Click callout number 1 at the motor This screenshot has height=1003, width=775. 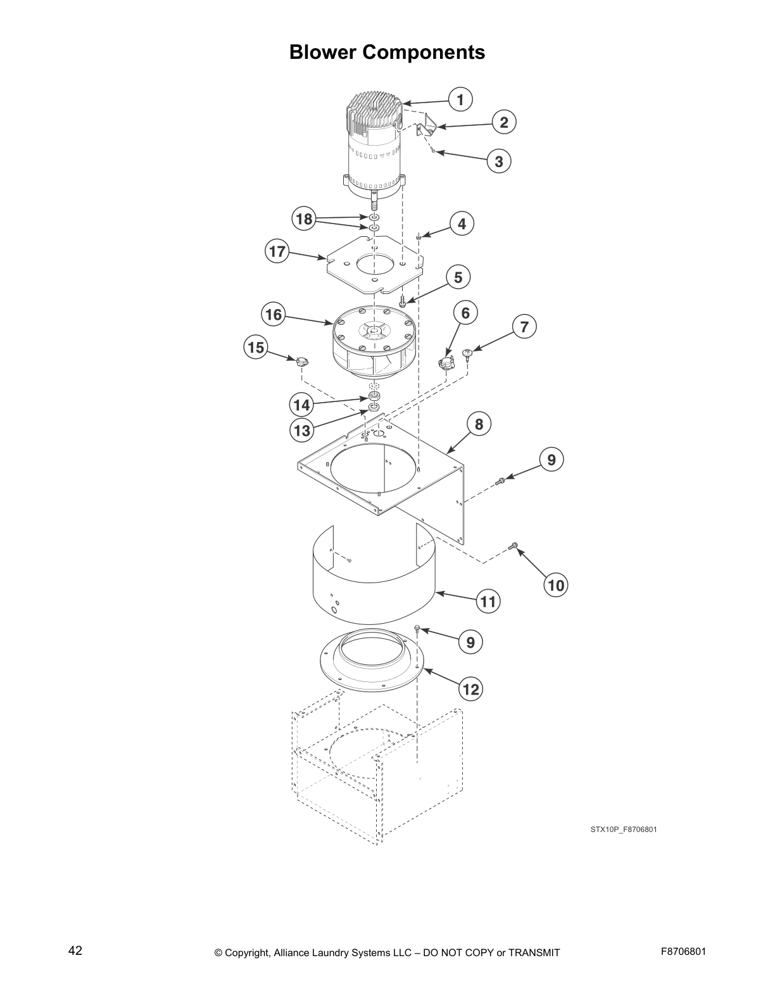pyautogui.click(x=460, y=99)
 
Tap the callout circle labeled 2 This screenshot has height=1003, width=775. pyautogui.click(x=503, y=122)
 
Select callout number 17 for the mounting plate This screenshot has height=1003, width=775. pyautogui.click(x=277, y=251)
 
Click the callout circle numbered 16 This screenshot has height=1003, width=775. pyautogui.click(x=274, y=315)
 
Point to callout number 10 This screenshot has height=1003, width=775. pyautogui.click(x=555, y=585)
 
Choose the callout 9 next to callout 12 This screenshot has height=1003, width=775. pyautogui.click(x=470, y=643)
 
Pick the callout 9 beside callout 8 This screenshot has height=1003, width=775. pyautogui.click(x=551, y=459)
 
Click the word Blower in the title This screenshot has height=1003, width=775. pyautogui.click(x=323, y=52)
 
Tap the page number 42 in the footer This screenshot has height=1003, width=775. pyautogui.click(x=75, y=951)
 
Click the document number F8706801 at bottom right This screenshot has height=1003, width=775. pyautogui.click(x=683, y=952)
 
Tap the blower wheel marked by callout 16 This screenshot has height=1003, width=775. pyautogui.click(x=374, y=345)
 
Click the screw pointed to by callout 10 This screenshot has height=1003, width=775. pyautogui.click(x=514, y=545)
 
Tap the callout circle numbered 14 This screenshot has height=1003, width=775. pyautogui.click(x=302, y=405)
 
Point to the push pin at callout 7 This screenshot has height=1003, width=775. pyautogui.click(x=468, y=354)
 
